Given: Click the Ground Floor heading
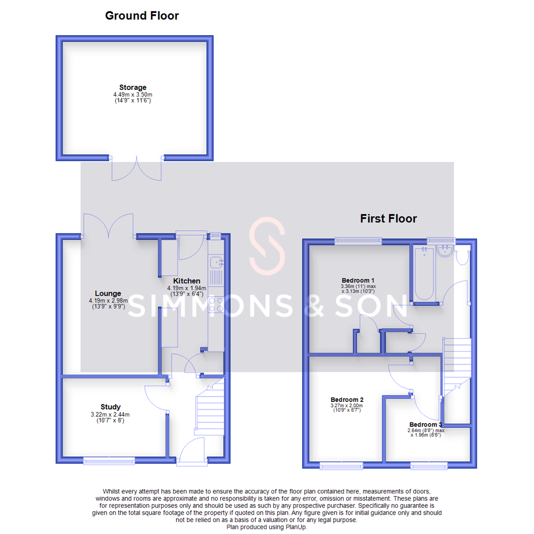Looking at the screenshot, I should (142, 16).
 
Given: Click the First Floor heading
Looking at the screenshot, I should (389, 218).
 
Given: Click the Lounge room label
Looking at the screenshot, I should (109, 293).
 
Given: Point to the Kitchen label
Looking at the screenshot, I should (186, 281).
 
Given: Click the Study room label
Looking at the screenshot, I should (110, 407).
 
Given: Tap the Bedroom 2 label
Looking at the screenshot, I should (347, 399).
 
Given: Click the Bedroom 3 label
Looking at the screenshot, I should (425, 424).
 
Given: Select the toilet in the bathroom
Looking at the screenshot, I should (463, 256).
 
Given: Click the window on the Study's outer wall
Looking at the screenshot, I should (109, 461).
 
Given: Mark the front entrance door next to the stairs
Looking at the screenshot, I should (193, 452).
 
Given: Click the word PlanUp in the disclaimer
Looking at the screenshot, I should (296, 527).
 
